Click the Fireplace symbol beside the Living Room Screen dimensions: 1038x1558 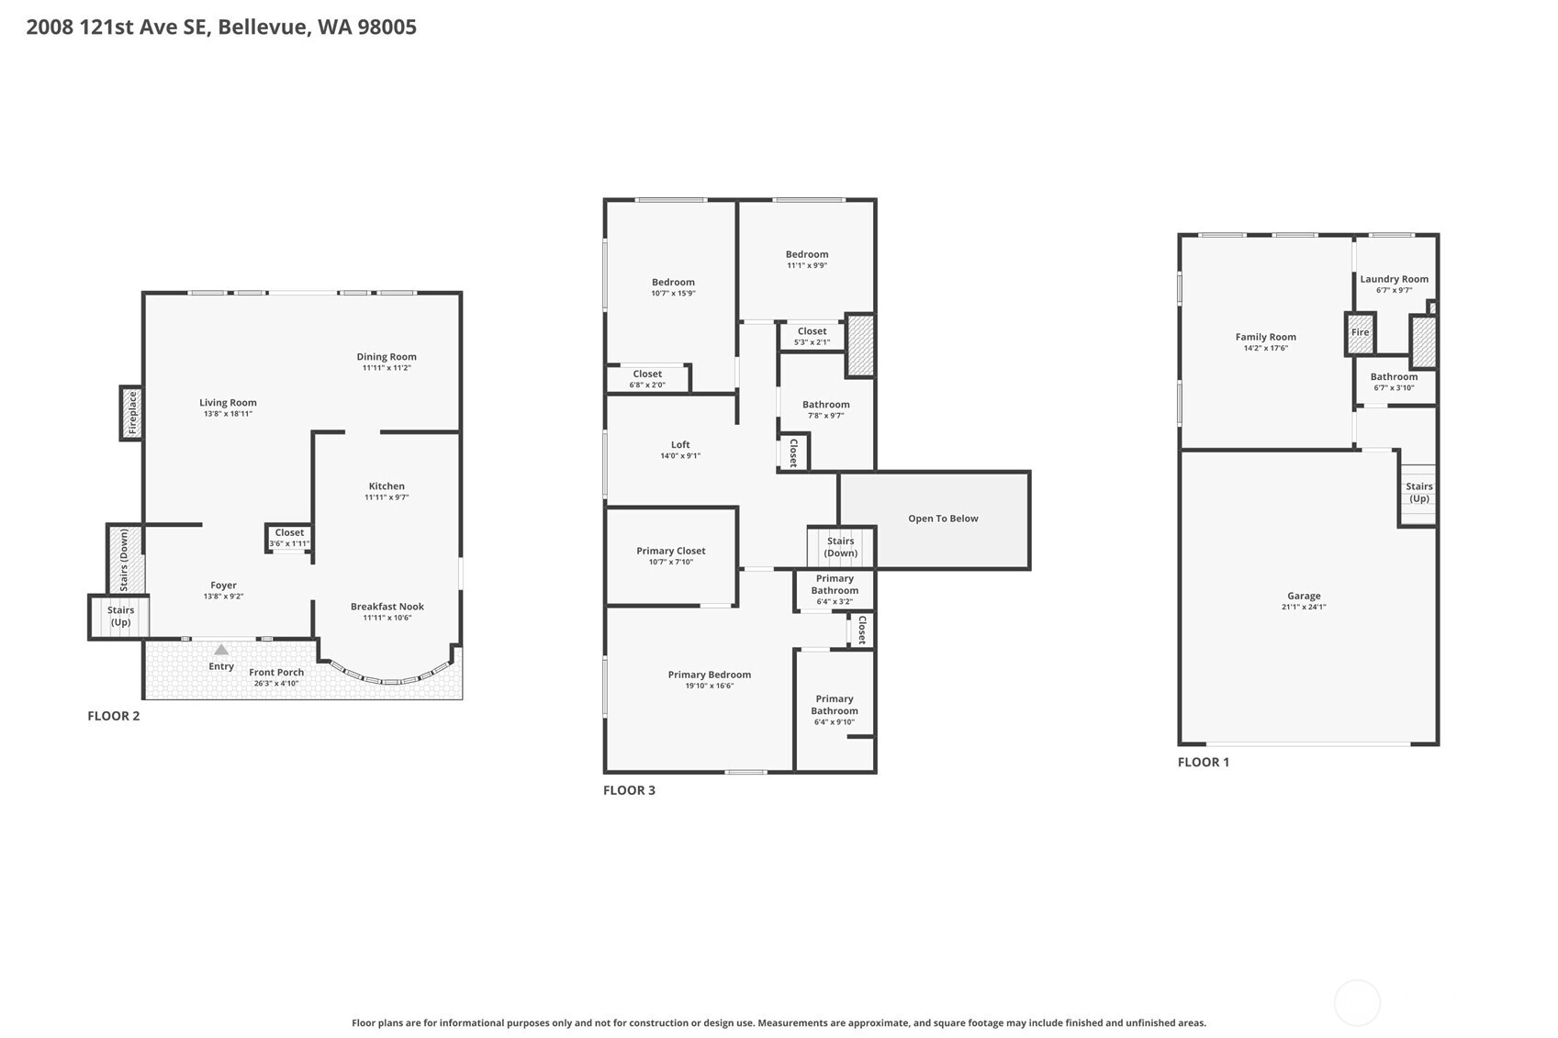point(132,413)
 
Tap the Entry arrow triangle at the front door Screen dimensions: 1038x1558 point(221,650)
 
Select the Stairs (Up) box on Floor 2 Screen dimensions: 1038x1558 point(120,616)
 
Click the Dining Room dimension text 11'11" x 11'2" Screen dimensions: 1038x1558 point(387,368)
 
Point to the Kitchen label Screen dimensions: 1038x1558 point(387,486)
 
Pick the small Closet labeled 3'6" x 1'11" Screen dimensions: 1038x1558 point(289,538)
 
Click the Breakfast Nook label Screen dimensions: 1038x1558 point(387,607)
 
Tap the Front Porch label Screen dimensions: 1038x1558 point(276,673)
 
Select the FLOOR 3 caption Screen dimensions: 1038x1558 point(629,790)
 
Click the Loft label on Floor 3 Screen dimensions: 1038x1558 point(680,445)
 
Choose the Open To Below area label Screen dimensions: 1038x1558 point(943,519)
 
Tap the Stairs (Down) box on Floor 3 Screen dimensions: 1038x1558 point(840,547)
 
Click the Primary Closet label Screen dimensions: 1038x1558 point(671,552)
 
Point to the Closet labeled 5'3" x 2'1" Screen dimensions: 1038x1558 point(812,336)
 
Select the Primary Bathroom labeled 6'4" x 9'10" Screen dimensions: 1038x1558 point(835,709)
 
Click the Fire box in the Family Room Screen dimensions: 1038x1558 point(1360,333)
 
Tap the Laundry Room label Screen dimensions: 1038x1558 point(1394,279)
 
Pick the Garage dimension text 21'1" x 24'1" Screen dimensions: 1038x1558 point(1304,607)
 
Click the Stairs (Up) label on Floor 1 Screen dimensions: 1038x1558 point(1418,493)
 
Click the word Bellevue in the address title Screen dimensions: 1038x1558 point(263,27)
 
